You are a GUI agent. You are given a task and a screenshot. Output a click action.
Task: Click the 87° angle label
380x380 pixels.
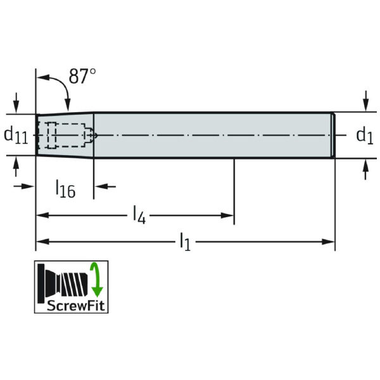(82, 76)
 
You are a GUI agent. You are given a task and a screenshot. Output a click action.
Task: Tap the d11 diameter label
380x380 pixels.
(16, 136)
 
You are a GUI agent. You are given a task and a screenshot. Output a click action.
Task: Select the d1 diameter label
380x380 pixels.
(365, 136)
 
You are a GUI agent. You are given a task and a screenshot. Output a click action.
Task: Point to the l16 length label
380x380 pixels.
(66, 188)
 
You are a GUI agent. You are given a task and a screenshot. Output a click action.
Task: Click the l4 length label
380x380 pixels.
(139, 215)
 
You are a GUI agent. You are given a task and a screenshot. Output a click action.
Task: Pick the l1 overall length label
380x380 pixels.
(186, 241)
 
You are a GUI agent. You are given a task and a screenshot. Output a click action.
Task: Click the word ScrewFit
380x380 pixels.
(75, 306)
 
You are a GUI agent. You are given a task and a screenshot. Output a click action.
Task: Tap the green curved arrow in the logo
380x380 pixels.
(97, 280)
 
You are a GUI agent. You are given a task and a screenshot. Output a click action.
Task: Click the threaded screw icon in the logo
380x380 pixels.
(63, 283)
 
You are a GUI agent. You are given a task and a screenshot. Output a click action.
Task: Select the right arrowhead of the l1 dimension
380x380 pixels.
(328, 242)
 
